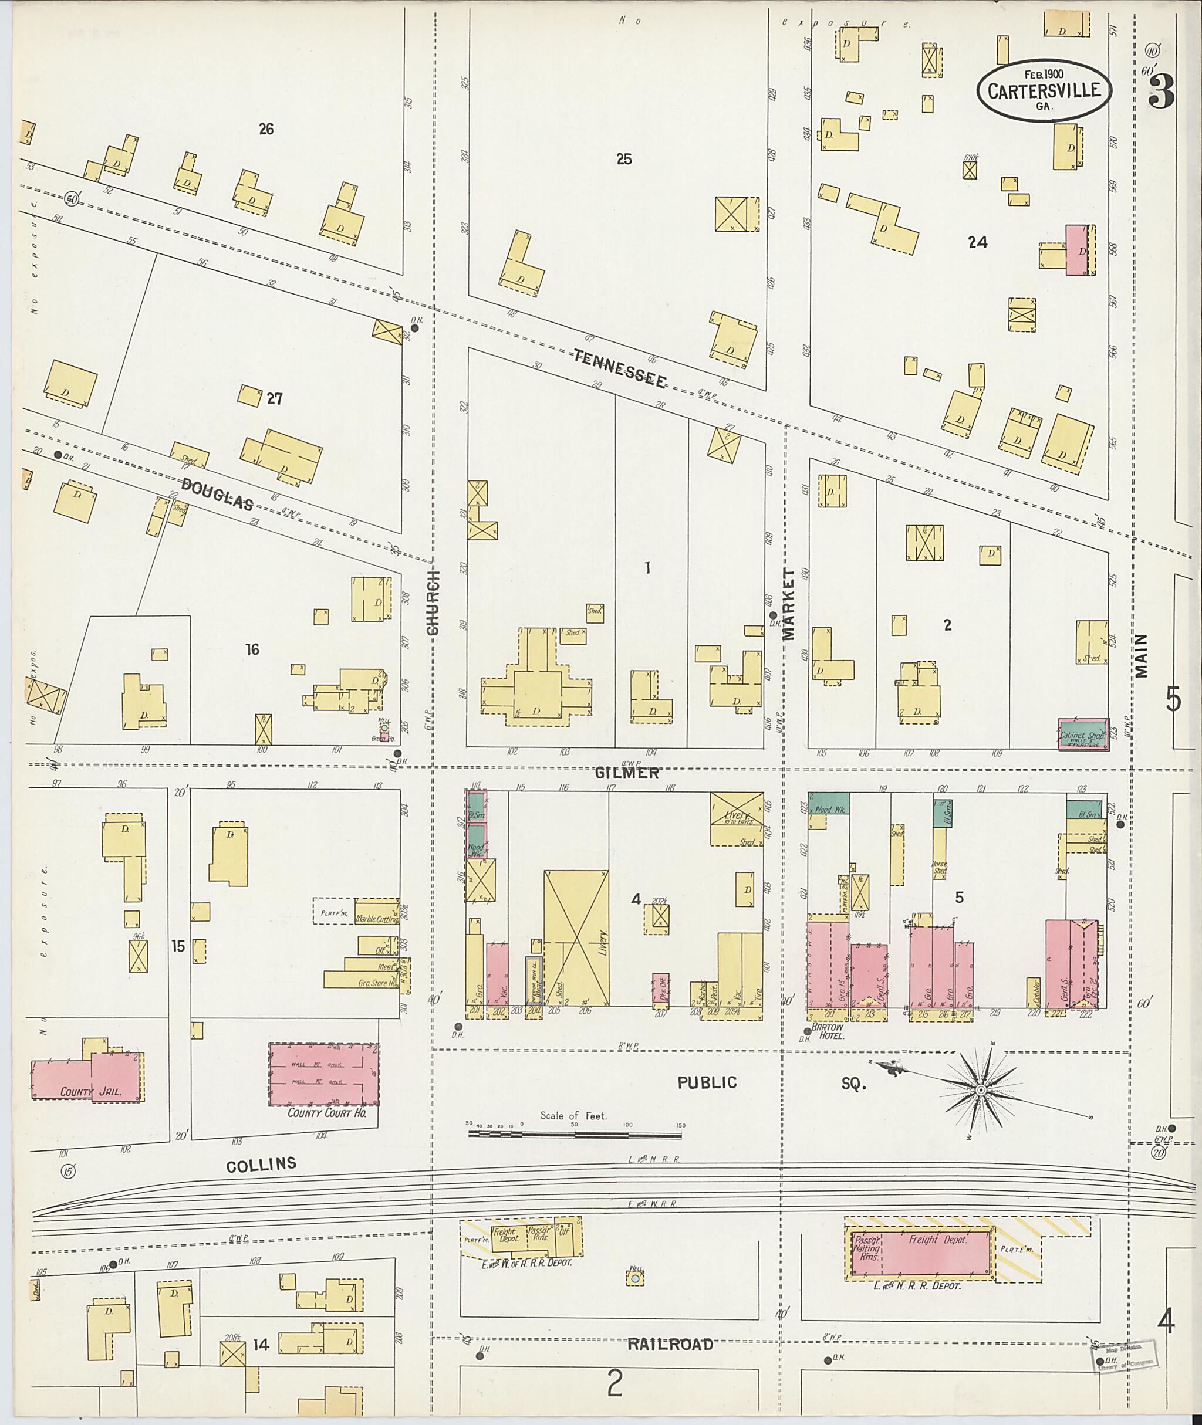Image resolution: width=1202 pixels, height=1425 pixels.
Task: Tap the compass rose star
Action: [981, 1091]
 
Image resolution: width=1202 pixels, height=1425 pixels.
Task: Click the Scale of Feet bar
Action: [575, 1135]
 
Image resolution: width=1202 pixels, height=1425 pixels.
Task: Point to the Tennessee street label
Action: [619, 368]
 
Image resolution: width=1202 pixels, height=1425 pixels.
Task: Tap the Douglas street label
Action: [217, 494]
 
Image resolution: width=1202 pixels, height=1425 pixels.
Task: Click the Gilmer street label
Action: [627, 773]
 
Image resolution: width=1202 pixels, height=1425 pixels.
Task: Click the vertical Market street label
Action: [788, 604]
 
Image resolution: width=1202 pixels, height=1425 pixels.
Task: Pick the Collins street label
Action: [262, 1164]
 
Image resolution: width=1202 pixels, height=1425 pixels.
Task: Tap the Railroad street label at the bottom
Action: [670, 1345]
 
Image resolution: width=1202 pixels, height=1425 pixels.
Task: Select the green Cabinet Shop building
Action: [1083, 735]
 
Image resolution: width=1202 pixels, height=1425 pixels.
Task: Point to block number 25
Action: [623, 160]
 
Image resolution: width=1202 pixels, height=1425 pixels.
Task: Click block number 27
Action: [274, 399]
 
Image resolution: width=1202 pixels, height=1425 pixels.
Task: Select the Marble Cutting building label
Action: [376, 919]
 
